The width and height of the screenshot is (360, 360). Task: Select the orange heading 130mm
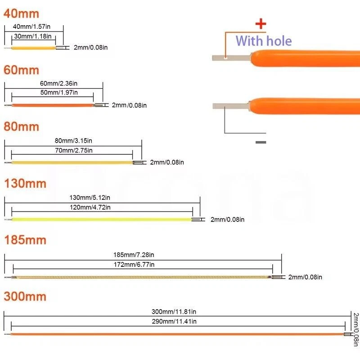25,183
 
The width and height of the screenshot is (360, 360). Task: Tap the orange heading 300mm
25,297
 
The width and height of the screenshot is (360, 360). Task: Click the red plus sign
261,24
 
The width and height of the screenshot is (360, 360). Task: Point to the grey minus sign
261,142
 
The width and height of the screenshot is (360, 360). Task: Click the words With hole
264,41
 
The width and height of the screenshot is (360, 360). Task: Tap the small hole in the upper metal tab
225,57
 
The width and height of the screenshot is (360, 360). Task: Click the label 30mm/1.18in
33,36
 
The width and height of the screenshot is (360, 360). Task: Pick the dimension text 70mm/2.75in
74,150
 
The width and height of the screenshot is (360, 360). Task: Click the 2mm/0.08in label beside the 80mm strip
166,162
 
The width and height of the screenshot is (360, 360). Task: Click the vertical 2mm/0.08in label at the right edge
355,329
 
